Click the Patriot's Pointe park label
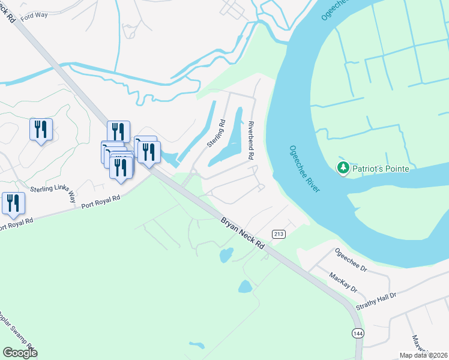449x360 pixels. (x=381, y=169)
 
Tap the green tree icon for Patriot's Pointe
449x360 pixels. (x=343, y=167)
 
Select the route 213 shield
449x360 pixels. (x=279, y=233)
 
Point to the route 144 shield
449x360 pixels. (x=358, y=333)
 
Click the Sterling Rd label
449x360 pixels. (x=215, y=133)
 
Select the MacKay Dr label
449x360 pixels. (x=343, y=282)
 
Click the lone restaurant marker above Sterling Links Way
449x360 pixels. (x=41, y=130)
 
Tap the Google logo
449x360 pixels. (x=20, y=353)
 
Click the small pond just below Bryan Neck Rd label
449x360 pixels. (x=226, y=256)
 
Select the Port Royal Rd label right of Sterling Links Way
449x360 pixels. (x=101, y=201)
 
